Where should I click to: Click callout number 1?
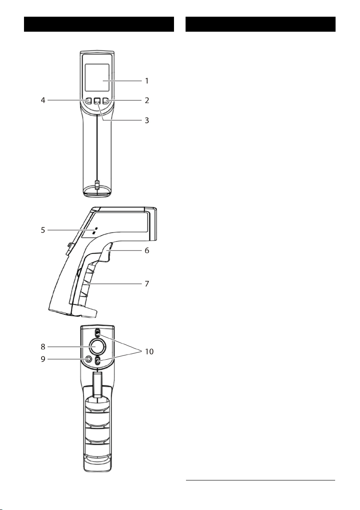[x=147, y=81]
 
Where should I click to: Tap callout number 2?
[x=147, y=101]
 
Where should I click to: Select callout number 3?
[x=147, y=120]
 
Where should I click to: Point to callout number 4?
[x=43, y=101]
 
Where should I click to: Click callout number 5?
[x=43, y=230]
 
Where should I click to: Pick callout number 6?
[x=147, y=251]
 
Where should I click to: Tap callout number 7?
[x=147, y=283]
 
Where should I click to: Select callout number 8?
[x=43, y=347]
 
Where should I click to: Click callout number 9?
[x=43, y=359]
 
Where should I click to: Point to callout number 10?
[x=149, y=352]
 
